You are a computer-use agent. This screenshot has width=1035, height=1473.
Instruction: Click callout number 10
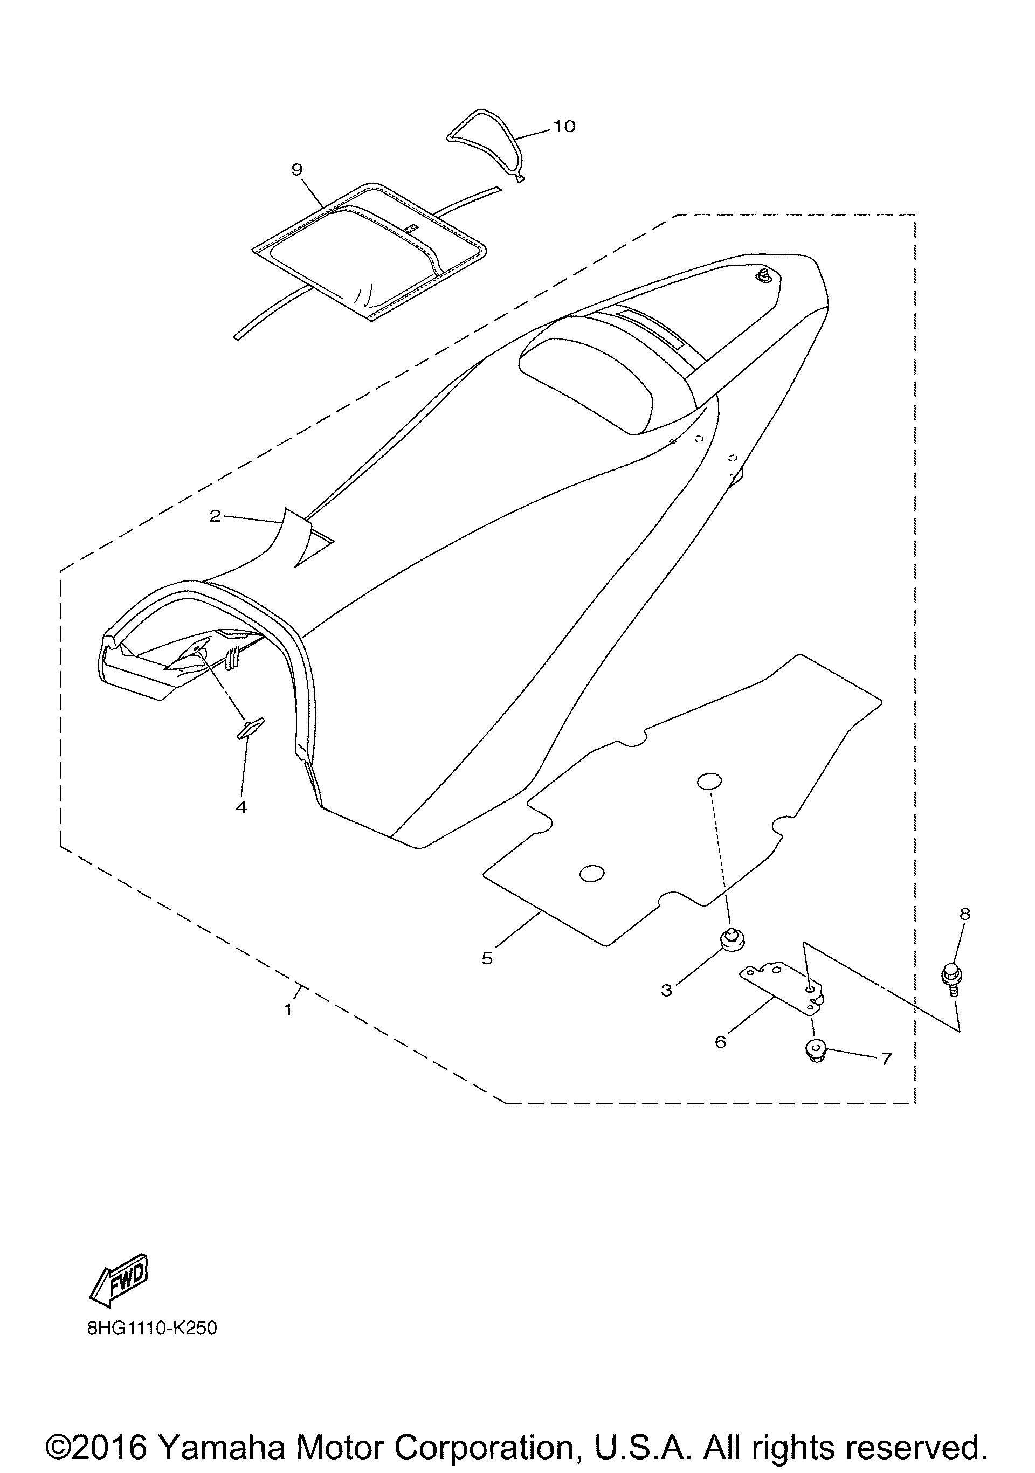[x=564, y=126]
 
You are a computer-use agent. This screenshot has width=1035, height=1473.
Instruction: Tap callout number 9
[x=296, y=169]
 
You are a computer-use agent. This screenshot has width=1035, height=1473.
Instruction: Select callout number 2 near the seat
[x=215, y=515]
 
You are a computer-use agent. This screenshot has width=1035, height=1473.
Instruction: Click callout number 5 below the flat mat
[x=487, y=958]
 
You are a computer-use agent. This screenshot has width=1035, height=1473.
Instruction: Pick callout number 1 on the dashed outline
[x=288, y=1010]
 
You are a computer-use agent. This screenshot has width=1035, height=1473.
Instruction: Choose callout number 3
[x=667, y=991]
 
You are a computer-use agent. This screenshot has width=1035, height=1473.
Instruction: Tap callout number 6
[x=721, y=1042]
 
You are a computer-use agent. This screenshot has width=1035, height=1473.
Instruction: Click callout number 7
[x=886, y=1059]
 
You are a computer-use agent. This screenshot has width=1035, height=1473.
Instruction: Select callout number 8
[x=965, y=914]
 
